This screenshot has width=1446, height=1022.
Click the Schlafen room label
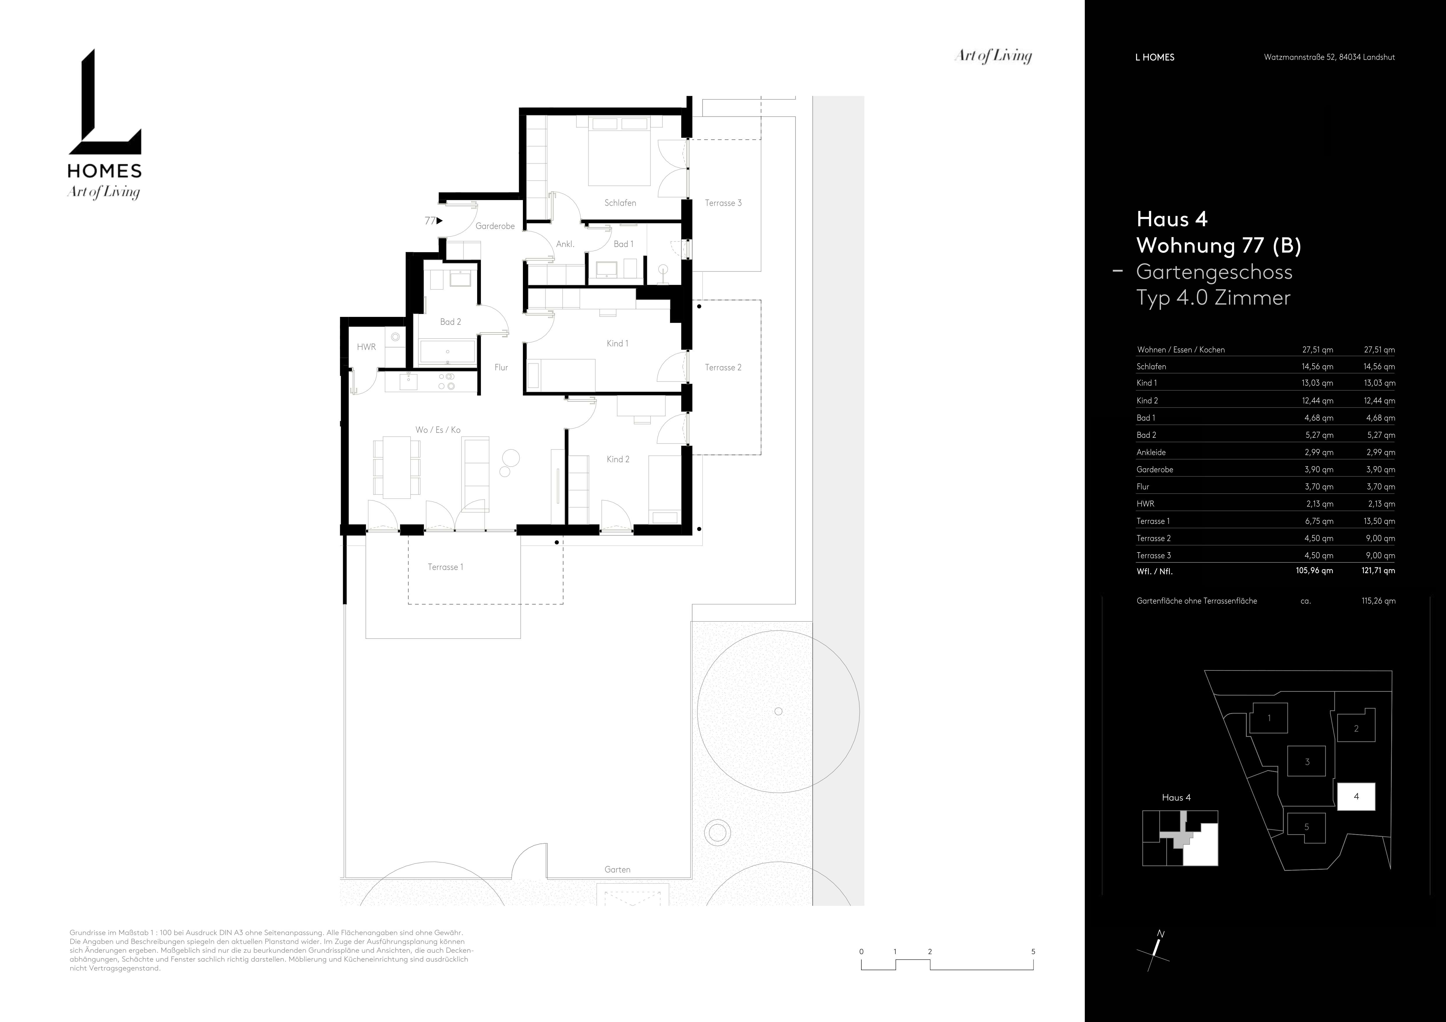[x=620, y=203]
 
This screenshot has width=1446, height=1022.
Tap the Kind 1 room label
[x=617, y=343]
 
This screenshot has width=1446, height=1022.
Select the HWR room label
[x=366, y=347]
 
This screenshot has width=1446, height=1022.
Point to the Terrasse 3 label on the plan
[x=723, y=203]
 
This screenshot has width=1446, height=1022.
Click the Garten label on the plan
[x=617, y=870]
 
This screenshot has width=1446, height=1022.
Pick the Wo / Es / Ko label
[x=438, y=430]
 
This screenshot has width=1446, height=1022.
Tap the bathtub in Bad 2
[x=447, y=352]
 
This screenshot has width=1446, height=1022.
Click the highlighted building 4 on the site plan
[x=1356, y=797]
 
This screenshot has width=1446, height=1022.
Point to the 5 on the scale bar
[x=1033, y=952]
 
